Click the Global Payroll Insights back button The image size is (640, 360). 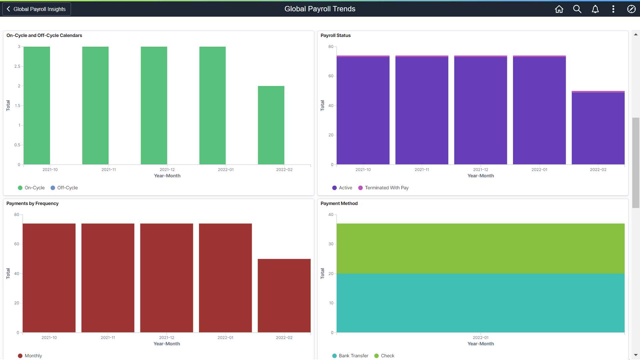(37, 9)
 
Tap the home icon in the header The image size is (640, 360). (559, 9)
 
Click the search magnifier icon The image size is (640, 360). (577, 9)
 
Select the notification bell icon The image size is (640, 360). (595, 9)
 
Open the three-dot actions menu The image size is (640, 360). (613, 9)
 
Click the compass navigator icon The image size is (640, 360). (631, 9)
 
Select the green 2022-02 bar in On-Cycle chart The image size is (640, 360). (271, 125)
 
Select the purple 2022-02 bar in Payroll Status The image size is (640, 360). (598, 128)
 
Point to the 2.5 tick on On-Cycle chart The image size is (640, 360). (17, 66)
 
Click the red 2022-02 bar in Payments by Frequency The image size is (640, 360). (284, 296)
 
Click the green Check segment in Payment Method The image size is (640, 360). (480, 249)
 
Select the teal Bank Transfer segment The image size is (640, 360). (480, 303)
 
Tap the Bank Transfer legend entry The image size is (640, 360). (350, 356)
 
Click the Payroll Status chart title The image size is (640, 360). (335, 35)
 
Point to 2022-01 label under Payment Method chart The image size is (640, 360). (480, 338)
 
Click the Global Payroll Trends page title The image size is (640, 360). (320, 9)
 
